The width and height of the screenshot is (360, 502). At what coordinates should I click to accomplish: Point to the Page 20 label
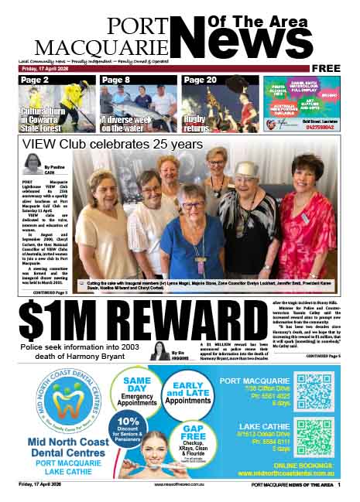coord(200,80)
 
